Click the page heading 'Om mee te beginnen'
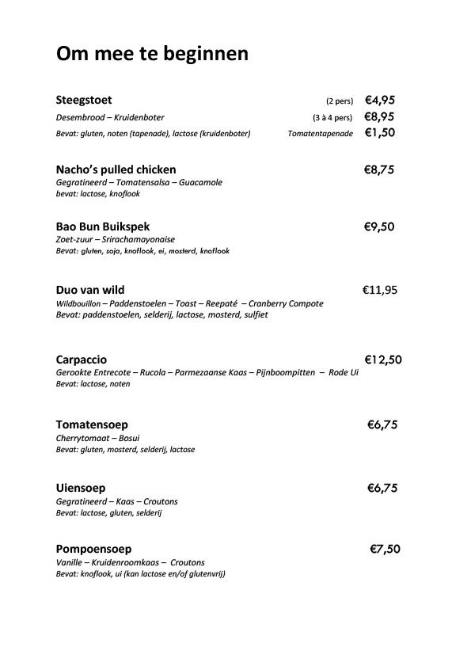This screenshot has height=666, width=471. click(x=152, y=54)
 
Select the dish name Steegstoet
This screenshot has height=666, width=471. click(x=84, y=100)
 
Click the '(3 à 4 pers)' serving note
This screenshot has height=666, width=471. click(x=332, y=117)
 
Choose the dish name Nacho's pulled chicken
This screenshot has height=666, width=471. click(x=116, y=169)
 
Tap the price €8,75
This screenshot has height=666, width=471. click(x=378, y=169)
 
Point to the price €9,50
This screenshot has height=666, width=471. click(x=378, y=226)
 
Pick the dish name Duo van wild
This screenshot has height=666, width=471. click(x=90, y=290)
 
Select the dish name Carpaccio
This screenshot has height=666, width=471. click(x=82, y=359)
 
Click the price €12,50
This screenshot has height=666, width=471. click(x=383, y=359)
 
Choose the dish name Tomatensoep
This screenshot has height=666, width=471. click(x=92, y=424)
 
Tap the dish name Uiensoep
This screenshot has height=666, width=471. click(x=81, y=488)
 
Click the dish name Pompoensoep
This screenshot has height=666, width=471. click(x=93, y=549)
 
